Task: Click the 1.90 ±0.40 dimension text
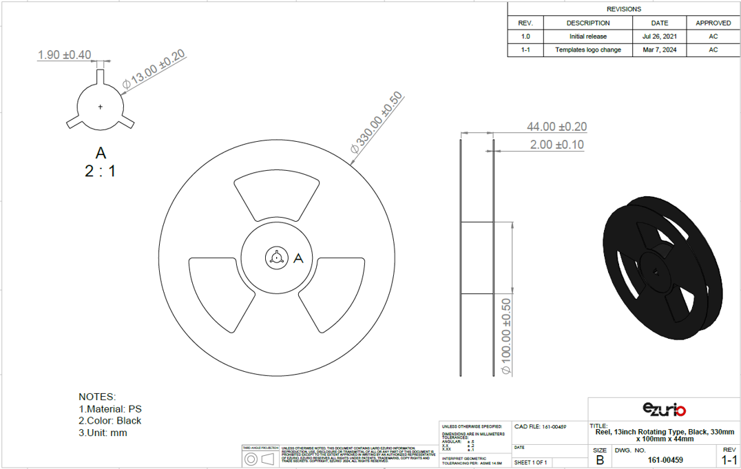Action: [64, 55]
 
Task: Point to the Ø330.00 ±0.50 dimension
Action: [375, 122]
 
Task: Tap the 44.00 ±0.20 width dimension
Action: [556, 127]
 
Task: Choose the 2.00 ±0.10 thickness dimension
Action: [556, 145]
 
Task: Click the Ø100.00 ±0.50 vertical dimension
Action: [506, 336]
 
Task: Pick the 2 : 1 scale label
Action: [101, 171]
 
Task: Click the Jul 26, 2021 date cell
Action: [659, 37]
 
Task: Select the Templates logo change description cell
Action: [587, 50]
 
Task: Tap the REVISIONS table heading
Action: [623, 9]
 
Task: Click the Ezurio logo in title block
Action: [664, 409]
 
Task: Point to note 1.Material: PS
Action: [110, 409]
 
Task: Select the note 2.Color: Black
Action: [110, 421]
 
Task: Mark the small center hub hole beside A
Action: [275, 258]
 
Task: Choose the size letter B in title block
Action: [600, 460]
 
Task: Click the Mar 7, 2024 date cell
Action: [659, 50]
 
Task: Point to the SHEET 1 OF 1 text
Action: [530, 462]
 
